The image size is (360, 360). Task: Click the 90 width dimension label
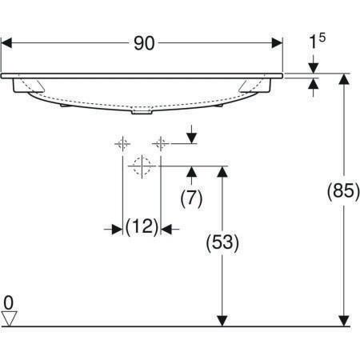pos(144,43)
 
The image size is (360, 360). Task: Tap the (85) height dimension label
pos(343,191)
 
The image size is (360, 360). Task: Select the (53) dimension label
pos(222,243)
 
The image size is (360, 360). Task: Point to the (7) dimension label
pos(191,198)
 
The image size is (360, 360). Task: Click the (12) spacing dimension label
pos(142,226)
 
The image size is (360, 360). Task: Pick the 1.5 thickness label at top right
pos(317,42)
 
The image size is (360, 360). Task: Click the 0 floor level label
pos(9,302)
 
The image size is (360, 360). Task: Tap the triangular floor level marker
pos(9,318)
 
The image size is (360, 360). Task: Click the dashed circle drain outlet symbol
pos(142,166)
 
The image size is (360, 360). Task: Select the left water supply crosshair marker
pos(122,144)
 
